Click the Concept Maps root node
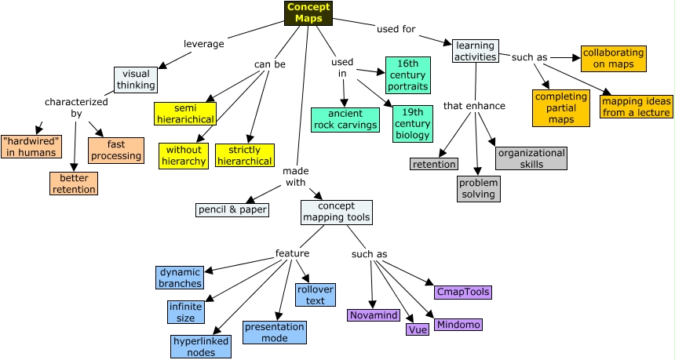coord(308,13)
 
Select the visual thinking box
coord(136,80)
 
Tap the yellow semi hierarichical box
coord(184,113)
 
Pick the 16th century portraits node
coord(407,75)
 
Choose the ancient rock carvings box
coord(345,119)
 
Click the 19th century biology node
coord(412,124)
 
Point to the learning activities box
coord(475,51)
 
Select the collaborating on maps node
coord(613,59)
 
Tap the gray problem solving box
coord(479,188)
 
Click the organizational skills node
coord(531,158)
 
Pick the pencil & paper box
coord(232,209)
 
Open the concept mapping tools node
coord(336,212)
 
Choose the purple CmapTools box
coord(463,292)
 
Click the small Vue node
coord(418,329)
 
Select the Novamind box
coord(374,315)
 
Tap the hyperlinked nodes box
coord(201,347)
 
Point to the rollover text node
coord(315,295)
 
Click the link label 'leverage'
coord(204,44)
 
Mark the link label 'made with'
coord(295,176)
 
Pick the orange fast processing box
coord(116,150)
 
